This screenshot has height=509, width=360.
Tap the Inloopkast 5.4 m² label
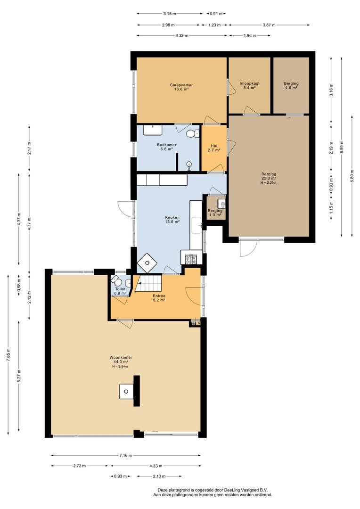tap(250, 85)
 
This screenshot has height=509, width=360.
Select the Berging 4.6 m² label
tap(291, 85)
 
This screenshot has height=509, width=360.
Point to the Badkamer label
tap(166, 145)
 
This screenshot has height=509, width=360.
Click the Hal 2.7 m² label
tap(214, 148)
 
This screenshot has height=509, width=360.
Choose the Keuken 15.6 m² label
tap(172, 220)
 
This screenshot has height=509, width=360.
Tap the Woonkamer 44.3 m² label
tap(121, 359)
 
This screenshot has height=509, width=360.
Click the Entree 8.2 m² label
tap(159, 298)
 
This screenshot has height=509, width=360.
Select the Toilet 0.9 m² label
tap(120, 291)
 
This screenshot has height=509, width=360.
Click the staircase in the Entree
tap(148, 283)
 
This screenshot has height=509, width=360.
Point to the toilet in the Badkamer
tap(193, 133)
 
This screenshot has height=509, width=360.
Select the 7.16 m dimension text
tap(126, 455)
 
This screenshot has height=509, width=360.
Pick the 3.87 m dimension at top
tap(269, 25)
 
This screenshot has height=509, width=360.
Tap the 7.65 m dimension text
tap(8, 355)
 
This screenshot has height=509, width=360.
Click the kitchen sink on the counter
tap(196, 225)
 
